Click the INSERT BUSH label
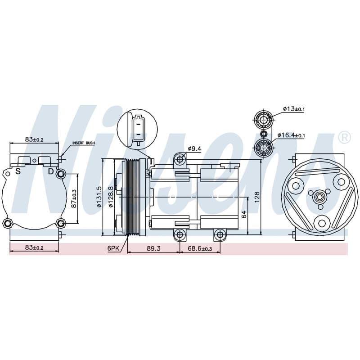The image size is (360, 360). point(83,143)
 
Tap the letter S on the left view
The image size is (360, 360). point(18,171)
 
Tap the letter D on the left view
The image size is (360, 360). point(51,171)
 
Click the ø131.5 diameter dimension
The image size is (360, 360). point(99,197)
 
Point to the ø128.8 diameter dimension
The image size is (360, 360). point(111,197)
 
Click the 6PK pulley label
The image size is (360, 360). point(113,248)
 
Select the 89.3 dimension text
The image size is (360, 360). point(153,248)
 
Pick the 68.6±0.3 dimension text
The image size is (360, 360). point(200,248)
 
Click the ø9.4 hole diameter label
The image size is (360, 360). point(194,149)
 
